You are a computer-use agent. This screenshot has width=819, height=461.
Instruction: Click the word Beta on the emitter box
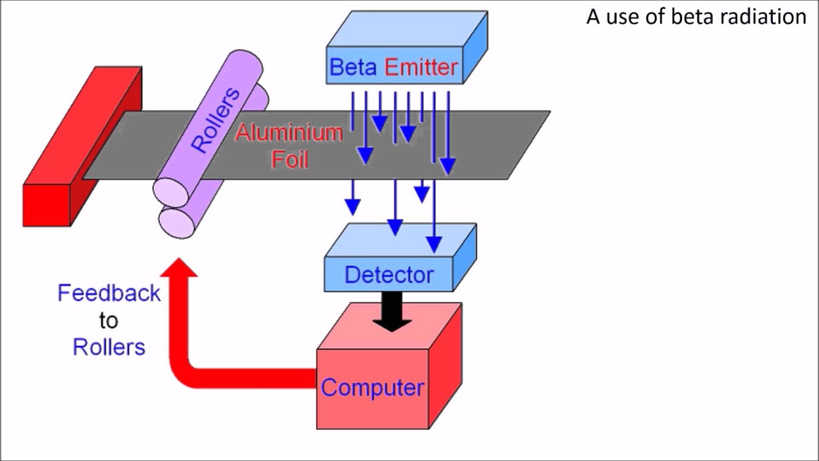pos(353,67)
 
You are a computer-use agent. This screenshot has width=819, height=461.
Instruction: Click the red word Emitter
pos(422,67)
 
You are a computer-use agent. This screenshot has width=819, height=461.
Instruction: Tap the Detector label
pos(389,275)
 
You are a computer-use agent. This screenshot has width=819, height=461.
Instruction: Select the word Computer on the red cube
pos(372,387)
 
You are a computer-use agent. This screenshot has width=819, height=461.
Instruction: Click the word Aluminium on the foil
pos(289,133)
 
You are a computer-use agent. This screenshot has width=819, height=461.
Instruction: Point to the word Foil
pos(290,159)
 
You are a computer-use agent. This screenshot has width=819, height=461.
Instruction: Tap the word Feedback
pos(109,293)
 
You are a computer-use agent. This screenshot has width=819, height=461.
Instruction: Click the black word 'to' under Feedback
pos(109,320)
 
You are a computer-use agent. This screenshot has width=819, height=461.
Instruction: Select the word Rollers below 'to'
pos(109,347)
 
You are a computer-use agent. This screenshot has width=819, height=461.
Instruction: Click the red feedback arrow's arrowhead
pos(179,268)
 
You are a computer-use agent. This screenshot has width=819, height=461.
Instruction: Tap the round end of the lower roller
pos(177,222)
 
